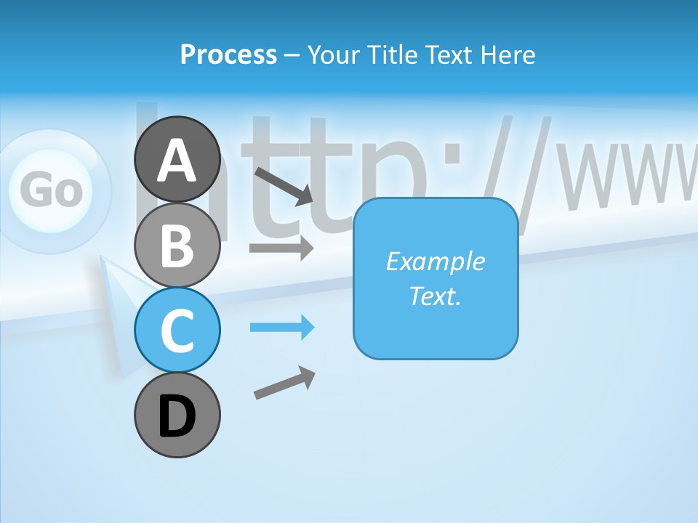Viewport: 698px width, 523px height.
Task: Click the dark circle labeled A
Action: (177, 159)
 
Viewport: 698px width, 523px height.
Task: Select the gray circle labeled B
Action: (177, 245)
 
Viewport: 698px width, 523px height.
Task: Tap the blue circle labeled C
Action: (177, 330)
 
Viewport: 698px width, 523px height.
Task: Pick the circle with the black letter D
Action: (177, 415)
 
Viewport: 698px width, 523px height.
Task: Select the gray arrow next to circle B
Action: (281, 248)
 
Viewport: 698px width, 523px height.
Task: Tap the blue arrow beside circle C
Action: (281, 328)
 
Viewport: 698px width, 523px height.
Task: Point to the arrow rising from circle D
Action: (284, 383)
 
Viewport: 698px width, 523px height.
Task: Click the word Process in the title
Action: (228, 54)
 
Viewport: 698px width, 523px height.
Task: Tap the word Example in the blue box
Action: (435, 261)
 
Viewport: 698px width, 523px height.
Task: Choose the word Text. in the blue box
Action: (435, 296)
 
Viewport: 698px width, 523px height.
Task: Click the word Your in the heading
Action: (334, 54)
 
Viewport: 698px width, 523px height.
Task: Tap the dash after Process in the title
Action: (292, 55)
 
